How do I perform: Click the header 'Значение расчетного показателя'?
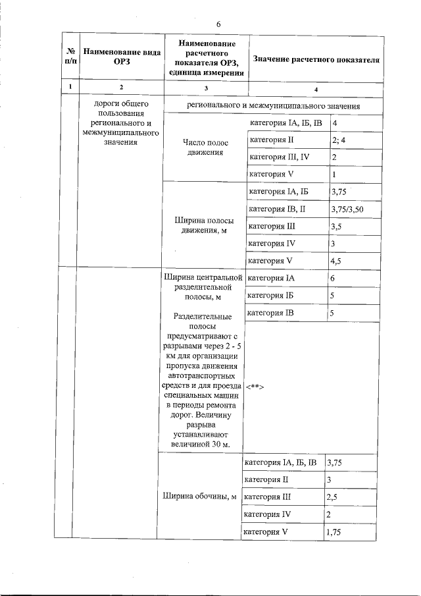click(316, 59)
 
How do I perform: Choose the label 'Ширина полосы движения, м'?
click(203, 225)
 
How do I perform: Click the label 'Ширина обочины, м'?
click(199, 497)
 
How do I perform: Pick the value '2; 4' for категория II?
click(339, 140)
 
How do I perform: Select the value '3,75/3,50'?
click(347, 209)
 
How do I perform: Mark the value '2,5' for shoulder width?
click(334, 497)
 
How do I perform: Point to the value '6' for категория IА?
click(334, 279)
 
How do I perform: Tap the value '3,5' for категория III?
click(336, 227)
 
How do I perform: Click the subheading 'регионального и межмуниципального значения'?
click(273, 105)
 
